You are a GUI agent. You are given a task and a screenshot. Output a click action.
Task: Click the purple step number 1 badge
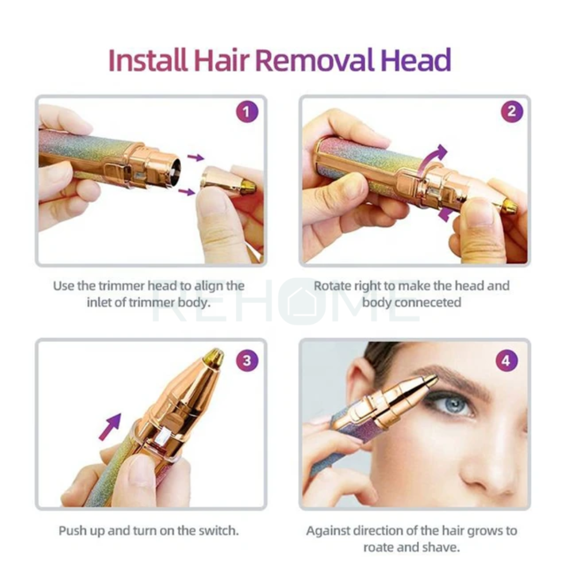[247, 112]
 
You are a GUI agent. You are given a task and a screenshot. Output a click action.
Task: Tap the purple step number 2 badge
[512, 112]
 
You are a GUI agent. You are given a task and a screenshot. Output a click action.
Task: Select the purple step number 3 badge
[247, 360]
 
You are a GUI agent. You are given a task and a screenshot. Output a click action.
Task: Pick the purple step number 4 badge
[506, 361]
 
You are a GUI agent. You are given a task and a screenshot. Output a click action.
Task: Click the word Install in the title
[147, 60]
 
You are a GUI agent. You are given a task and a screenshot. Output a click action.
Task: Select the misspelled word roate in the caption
[381, 547]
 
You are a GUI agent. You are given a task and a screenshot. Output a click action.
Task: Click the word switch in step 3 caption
[219, 531]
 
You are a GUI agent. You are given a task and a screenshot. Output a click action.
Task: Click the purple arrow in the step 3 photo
[110, 427]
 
